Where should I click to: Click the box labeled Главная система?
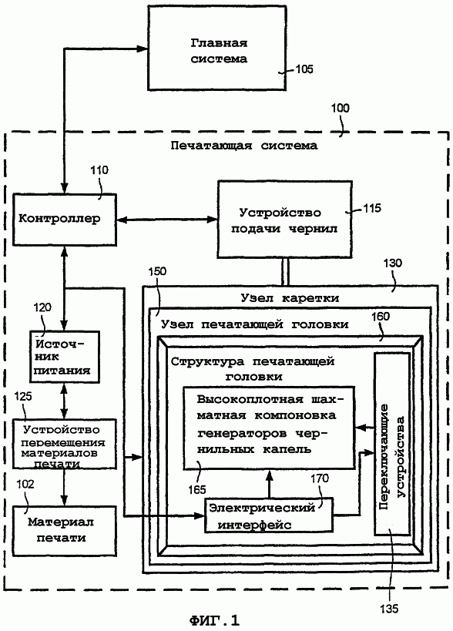click(x=217, y=48)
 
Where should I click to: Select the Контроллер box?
click(x=65, y=220)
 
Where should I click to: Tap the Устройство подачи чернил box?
click(x=285, y=220)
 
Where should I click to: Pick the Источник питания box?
click(x=65, y=357)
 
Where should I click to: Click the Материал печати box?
click(x=65, y=531)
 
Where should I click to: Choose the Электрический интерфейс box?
click(x=269, y=515)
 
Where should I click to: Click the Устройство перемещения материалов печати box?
click(x=65, y=444)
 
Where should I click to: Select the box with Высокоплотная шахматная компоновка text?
click(x=269, y=428)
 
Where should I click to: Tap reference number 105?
click(x=304, y=69)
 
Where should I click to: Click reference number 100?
click(x=341, y=109)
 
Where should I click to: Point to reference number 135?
click(x=389, y=608)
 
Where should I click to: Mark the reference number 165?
click(x=196, y=490)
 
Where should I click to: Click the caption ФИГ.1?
click(x=214, y=620)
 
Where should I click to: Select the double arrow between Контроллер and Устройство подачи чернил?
click(x=167, y=220)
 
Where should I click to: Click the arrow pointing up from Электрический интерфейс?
click(x=269, y=484)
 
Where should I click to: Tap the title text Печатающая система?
click(x=243, y=146)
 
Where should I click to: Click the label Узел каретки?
click(x=290, y=298)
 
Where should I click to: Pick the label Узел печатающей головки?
click(x=255, y=324)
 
